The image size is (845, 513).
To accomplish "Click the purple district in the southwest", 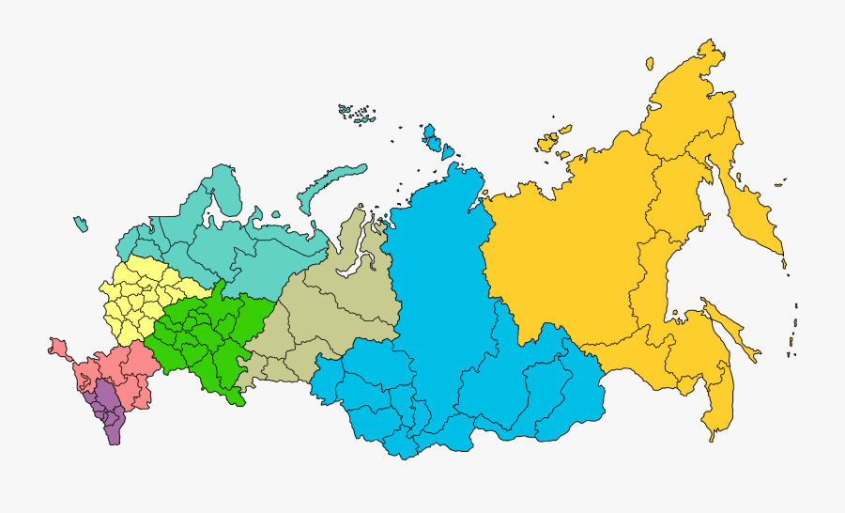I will pos(108,413).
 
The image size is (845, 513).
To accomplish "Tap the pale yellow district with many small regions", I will pos(141,291).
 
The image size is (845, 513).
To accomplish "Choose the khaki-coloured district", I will pos(329,301).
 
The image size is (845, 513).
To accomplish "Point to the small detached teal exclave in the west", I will pos(81,224).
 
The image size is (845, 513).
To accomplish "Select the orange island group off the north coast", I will pos(552,138).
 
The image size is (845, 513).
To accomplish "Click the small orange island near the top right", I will pos(649,63).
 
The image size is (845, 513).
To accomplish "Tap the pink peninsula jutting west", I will pos(57,348).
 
